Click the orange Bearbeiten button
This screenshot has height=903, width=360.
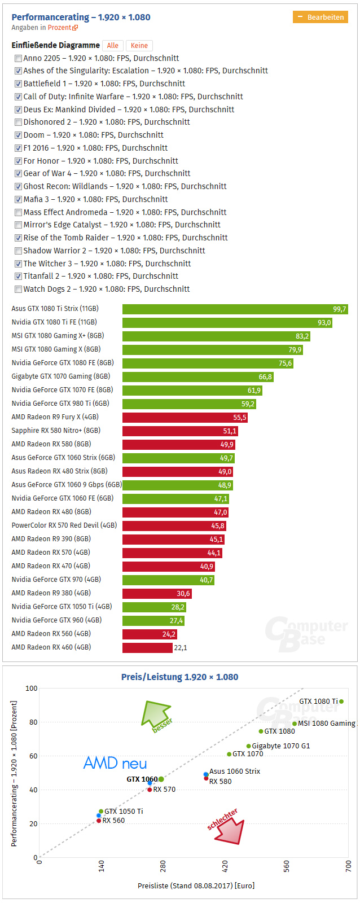pyautogui.click(x=320, y=17)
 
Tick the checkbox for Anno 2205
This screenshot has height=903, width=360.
pyautogui.click(x=19, y=58)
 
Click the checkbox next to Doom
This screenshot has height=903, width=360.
pyautogui.click(x=19, y=135)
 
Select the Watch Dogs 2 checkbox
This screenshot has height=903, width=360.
pyautogui.click(x=19, y=290)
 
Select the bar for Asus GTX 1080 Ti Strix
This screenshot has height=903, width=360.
pyautogui.click(x=235, y=309)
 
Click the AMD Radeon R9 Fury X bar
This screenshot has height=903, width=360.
pyautogui.click(x=185, y=417)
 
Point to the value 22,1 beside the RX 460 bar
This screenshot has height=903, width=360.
pyautogui.click(x=181, y=647)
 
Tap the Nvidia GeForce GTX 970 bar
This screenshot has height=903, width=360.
pyautogui.click(x=168, y=580)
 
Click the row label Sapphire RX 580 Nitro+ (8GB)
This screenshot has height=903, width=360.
pyautogui.click(x=56, y=431)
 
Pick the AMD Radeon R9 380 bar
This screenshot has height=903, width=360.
pyautogui.click(x=157, y=593)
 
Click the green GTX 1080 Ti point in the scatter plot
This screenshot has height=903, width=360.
pyautogui.click(x=341, y=702)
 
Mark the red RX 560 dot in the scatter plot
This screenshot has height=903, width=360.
pyautogui.click(x=99, y=821)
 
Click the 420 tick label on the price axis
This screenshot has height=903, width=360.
pyautogui.click(x=225, y=866)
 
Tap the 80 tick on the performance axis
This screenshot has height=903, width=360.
pyautogui.click(x=33, y=722)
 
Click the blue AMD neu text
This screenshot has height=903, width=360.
pyautogui.click(x=115, y=764)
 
